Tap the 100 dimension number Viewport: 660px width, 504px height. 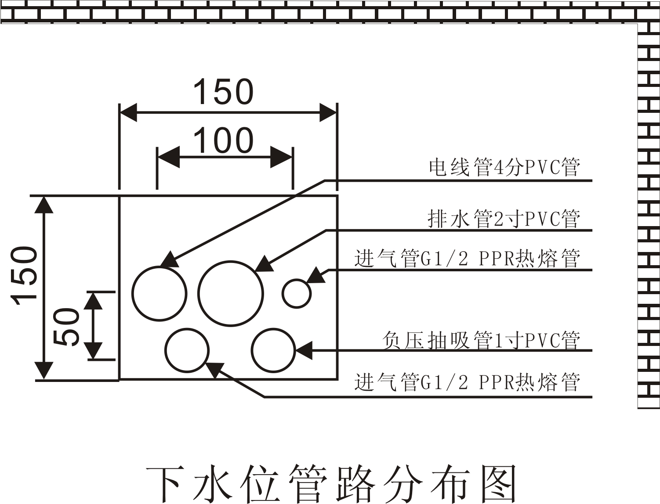(x=223, y=140)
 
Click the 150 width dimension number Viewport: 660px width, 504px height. (x=223, y=92)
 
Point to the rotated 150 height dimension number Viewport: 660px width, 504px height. (x=24, y=276)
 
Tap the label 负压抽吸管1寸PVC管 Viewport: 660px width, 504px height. (x=481, y=341)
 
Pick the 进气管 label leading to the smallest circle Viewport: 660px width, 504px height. (x=467, y=259)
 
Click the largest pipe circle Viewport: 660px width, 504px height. (x=231, y=293)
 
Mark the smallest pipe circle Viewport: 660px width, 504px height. (x=297, y=293)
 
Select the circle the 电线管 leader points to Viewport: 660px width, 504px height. (x=160, y=293)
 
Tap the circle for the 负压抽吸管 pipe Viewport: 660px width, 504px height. (x=273, y=350)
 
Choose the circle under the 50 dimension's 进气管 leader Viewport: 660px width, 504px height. (x=187, y=350)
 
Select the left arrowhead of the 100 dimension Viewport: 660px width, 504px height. (x=168, y=157)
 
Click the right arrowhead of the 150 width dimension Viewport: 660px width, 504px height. (x=327, y=112)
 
